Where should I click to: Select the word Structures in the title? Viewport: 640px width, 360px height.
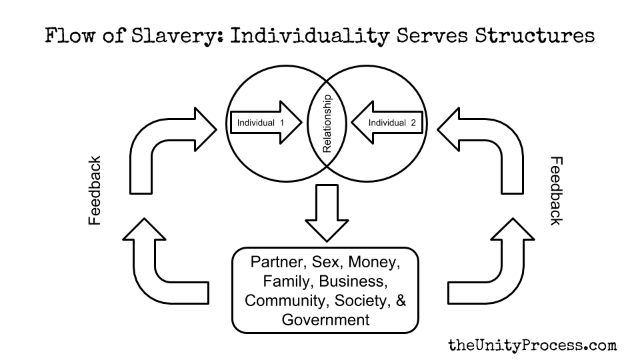pos(534,35)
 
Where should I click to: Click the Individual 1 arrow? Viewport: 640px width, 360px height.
pos(266,123)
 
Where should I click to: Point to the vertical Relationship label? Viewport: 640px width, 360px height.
pos(327,123)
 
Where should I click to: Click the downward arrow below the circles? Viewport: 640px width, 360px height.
pos(327,213)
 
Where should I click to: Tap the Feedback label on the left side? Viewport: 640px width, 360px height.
pos(94,190)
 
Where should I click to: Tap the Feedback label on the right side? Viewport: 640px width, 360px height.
pos(556,191)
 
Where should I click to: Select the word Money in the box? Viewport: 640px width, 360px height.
pos(374,262)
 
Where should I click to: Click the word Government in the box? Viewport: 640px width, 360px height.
pos(325,319)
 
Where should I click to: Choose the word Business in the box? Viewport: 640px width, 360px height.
pos(353,281)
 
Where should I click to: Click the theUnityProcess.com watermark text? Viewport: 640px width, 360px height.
pos(532,345)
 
